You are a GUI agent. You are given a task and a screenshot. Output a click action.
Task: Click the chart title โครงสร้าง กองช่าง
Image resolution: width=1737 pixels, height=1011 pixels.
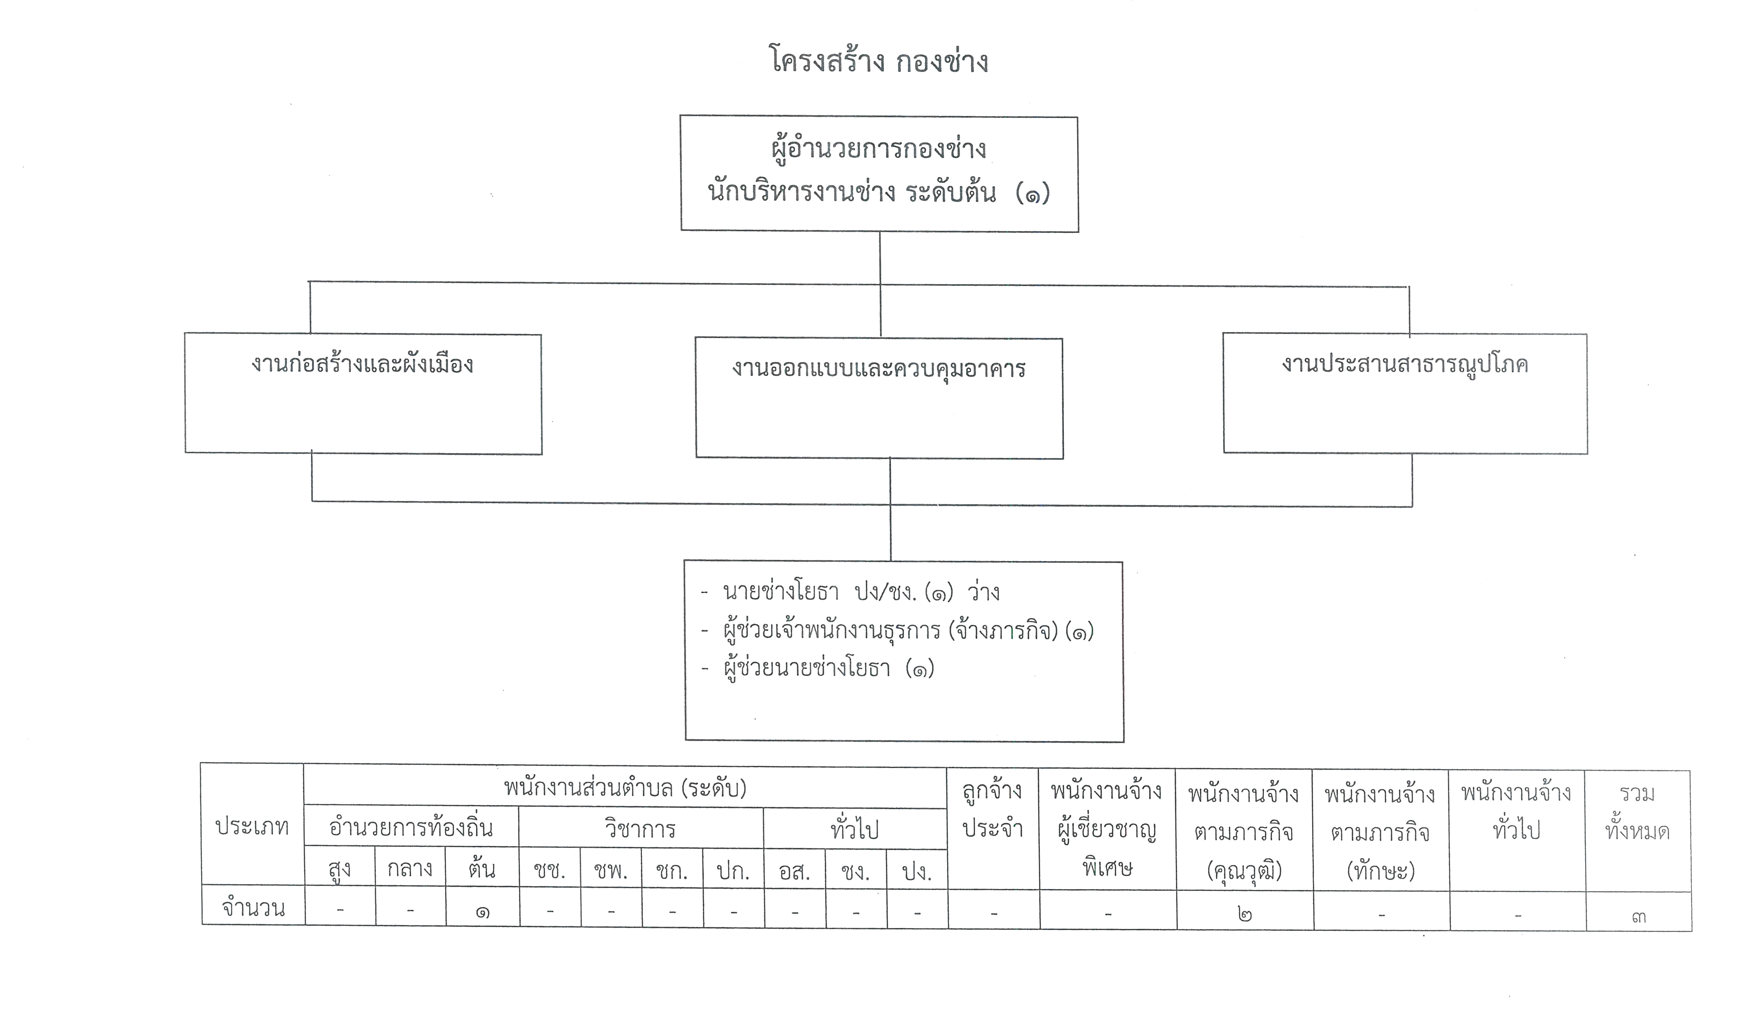(x=879, y=61)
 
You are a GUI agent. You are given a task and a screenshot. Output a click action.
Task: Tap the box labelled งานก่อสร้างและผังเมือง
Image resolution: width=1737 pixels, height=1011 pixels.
(x=363, y=394)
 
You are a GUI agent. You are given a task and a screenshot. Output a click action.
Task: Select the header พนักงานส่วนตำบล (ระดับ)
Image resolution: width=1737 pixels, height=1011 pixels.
(x=625, y=787)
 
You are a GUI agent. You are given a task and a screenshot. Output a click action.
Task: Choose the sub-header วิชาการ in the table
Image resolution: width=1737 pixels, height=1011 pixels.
(x=640, y=828)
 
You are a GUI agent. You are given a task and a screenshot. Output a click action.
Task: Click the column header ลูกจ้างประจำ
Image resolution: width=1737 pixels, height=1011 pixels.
(x=993, y=810)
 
